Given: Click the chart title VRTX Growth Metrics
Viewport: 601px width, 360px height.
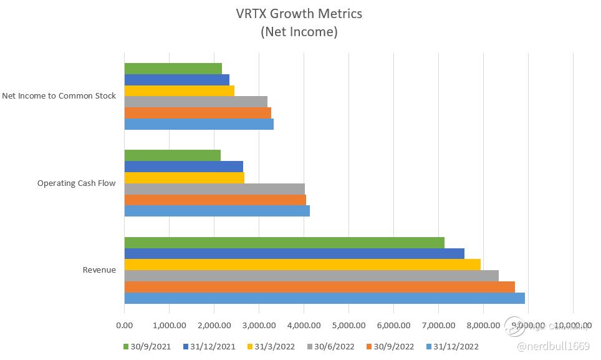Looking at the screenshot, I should click(x=299, y=13).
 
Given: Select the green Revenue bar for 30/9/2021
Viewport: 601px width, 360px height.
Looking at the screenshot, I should click(x=284, y=243).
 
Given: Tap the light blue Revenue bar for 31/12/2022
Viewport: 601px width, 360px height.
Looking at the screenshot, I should click(x=324, y=298).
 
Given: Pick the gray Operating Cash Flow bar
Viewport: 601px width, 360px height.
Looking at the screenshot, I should click(x=214, y=188).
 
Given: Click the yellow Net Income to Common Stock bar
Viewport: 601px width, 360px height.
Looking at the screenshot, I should click(x=179, y=90).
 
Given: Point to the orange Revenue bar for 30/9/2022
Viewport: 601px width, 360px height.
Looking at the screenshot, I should click(x=319, y=287).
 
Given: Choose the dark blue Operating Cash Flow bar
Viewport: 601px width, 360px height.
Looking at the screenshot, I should click(x=183, y=167).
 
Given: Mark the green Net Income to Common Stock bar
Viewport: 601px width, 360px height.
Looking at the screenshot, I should click(x=173, y=69).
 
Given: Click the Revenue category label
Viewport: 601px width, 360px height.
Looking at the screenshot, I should click(x=99, y=270).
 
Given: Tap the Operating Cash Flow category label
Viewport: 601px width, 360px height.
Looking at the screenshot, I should click(x=77, y=183).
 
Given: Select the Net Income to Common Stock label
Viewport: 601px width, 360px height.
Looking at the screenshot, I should click(x=59, y=96).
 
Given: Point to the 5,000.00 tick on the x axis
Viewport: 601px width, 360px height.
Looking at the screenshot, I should click(x=349, y=325).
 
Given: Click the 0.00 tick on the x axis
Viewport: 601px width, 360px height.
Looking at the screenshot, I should click(x=124, y=325).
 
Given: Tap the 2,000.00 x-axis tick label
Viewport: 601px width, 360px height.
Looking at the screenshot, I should click(x=214, y=325).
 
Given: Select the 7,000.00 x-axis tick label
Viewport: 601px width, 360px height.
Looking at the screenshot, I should click(x=438, y=325).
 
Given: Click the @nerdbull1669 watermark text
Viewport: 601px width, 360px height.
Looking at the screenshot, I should click(x=556, y=346).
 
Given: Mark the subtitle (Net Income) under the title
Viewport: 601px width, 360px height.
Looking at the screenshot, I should click(x=299, y=32).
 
